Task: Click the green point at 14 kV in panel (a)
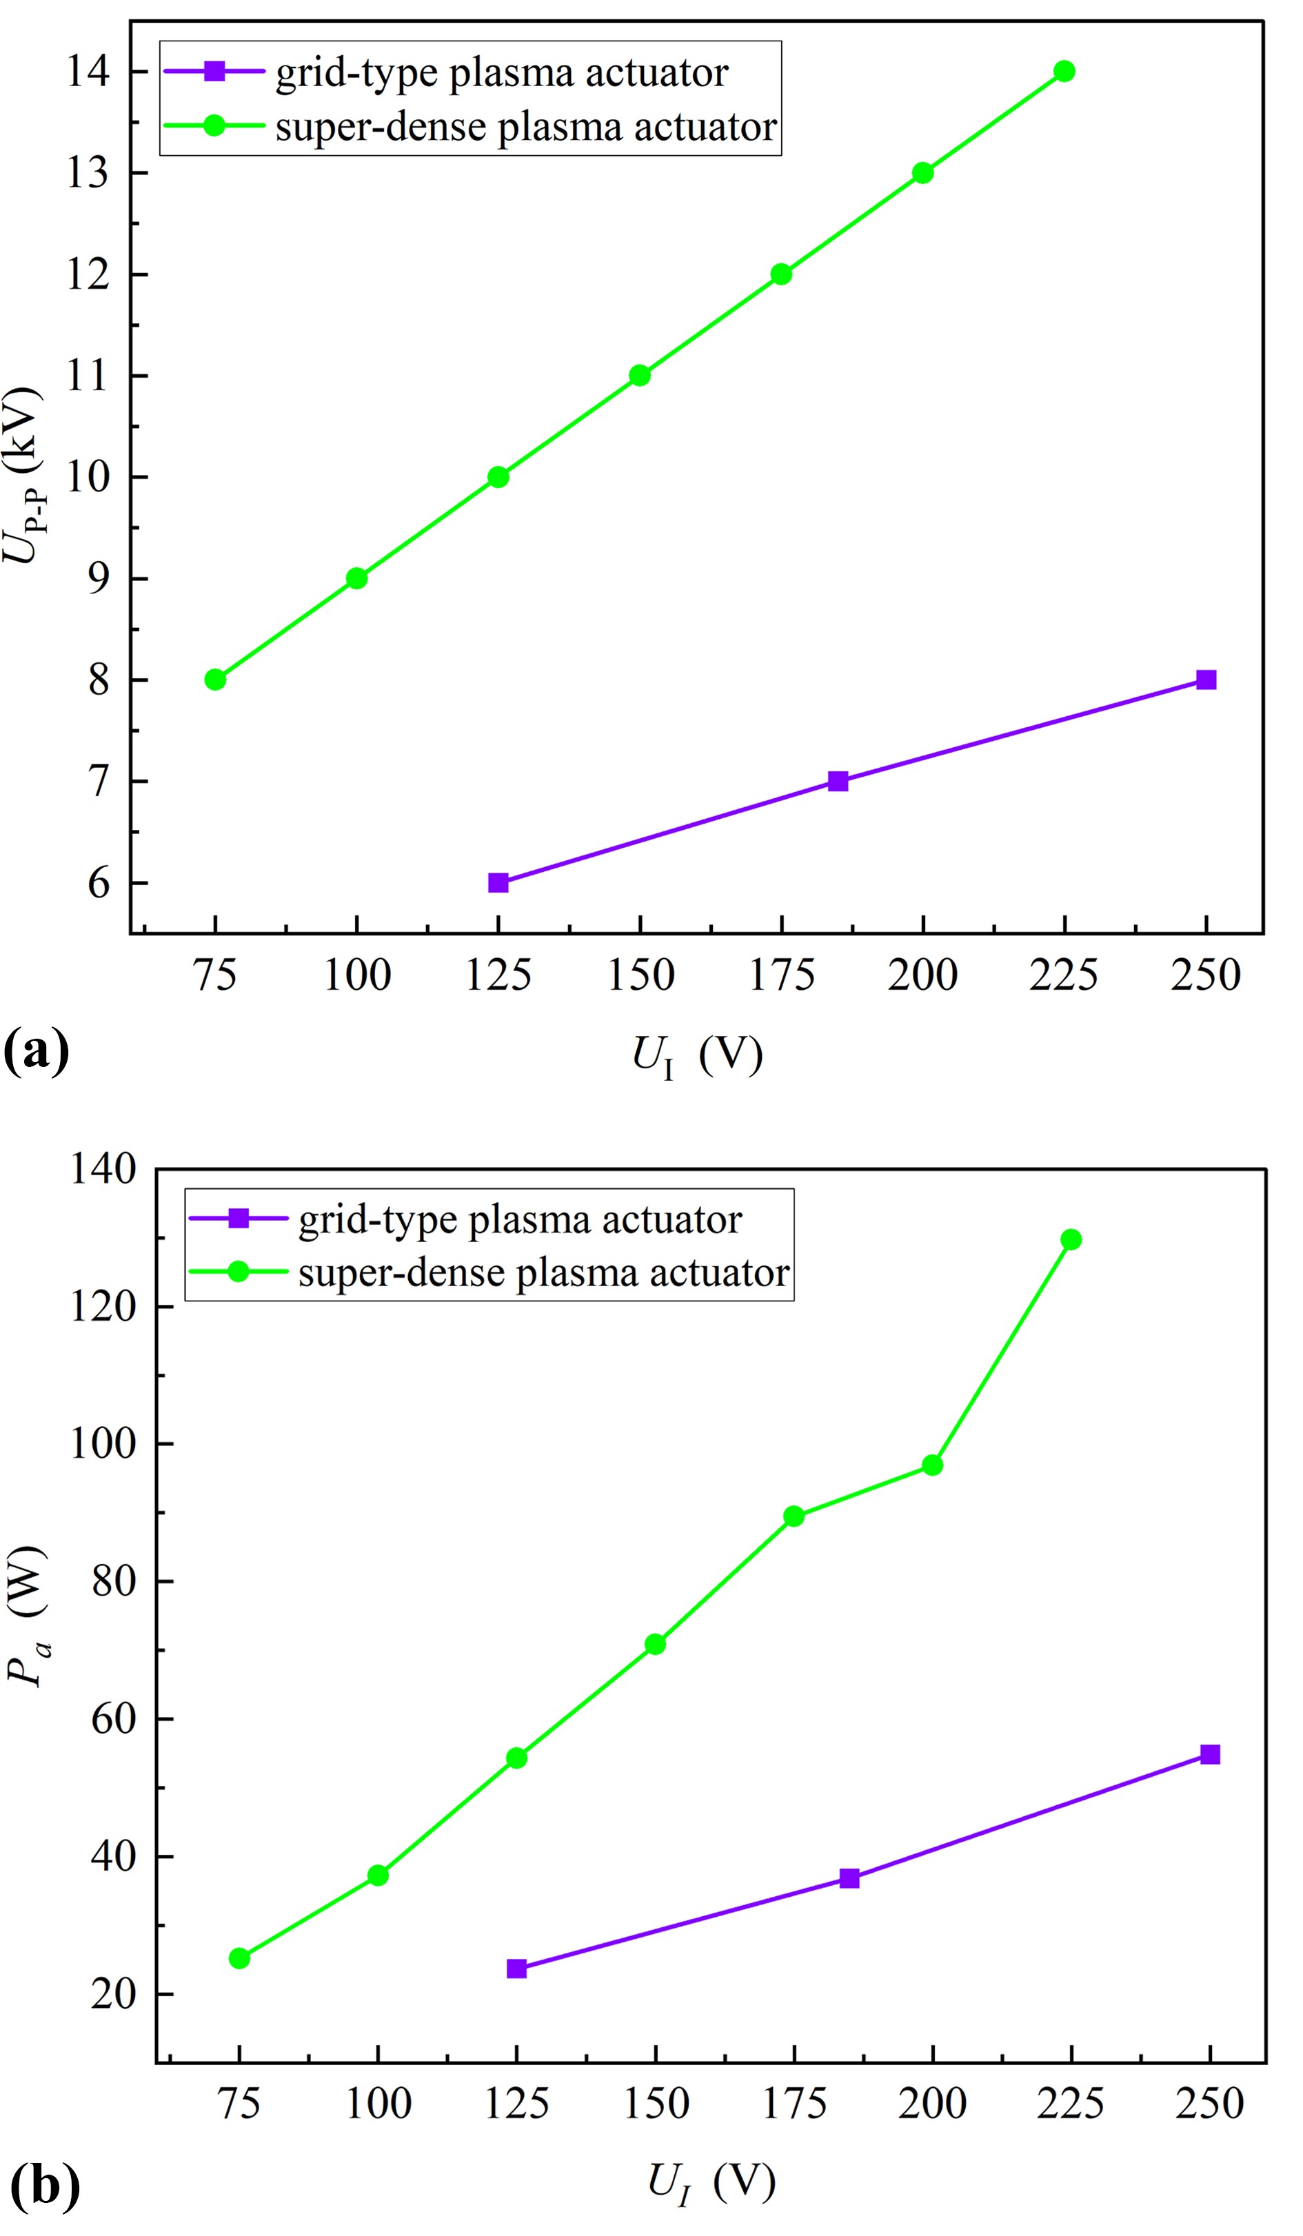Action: click(1063, 71)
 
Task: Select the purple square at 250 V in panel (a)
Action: click(1205, 680)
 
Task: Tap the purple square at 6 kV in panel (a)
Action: click(498, 883)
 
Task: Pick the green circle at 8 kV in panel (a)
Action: click(215, 680)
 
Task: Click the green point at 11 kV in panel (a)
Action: click(639, 376)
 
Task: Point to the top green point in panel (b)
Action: click(1071, 1239)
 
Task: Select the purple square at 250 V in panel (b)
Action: click(1210, 1754)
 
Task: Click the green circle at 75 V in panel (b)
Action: click(239, 1958)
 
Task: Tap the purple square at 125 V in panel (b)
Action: click(516, 1968)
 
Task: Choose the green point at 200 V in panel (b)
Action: click(932, 1465)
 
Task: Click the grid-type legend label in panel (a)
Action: click(501, 73)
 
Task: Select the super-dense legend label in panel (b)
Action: click(543, 1272)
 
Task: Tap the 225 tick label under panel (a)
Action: click(1063, 975)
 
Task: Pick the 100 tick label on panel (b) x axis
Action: click(378, 2103)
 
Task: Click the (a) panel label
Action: click(35, 1051)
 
